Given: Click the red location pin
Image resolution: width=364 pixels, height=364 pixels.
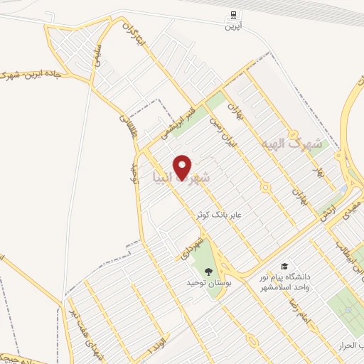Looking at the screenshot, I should point(183,167).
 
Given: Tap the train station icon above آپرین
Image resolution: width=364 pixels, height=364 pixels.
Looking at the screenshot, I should point(232,15).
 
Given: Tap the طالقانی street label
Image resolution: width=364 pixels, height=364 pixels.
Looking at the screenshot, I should point(127,127).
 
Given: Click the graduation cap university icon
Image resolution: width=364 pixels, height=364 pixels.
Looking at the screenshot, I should point(284,265).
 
